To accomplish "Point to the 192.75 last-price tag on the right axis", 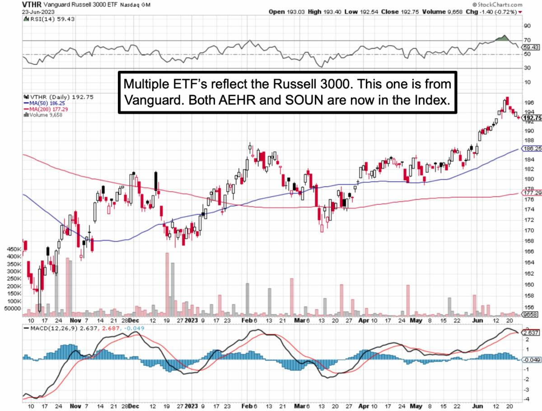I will click(x=532, y=118).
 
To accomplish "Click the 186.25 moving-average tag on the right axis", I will click(x=532, y=148).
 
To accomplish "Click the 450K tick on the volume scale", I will click(x=14, y=249).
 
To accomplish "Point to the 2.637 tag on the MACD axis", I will click(x=531, y=333).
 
